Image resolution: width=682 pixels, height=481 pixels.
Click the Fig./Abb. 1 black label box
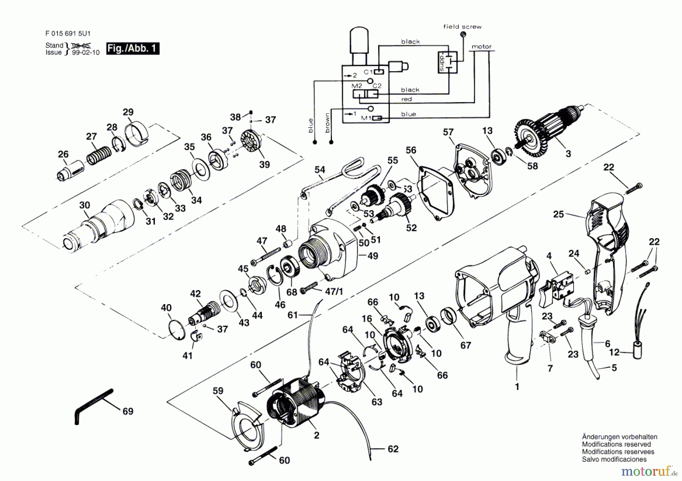point(133,48)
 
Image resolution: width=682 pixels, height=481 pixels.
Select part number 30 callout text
point(84,205)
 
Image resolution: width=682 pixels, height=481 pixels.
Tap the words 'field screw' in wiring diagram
point(462,27)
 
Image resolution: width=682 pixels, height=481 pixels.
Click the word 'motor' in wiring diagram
point(481,47)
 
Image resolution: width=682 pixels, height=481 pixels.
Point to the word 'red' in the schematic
point(407,99)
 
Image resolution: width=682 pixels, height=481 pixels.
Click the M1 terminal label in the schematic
point(366,118)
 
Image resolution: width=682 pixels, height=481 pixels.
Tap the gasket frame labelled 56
point(436,193)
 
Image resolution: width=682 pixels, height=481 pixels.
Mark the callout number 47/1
point(334,291)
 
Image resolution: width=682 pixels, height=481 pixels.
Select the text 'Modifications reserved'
point(616,444)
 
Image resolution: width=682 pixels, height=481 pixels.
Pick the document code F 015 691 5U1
point(68,34)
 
